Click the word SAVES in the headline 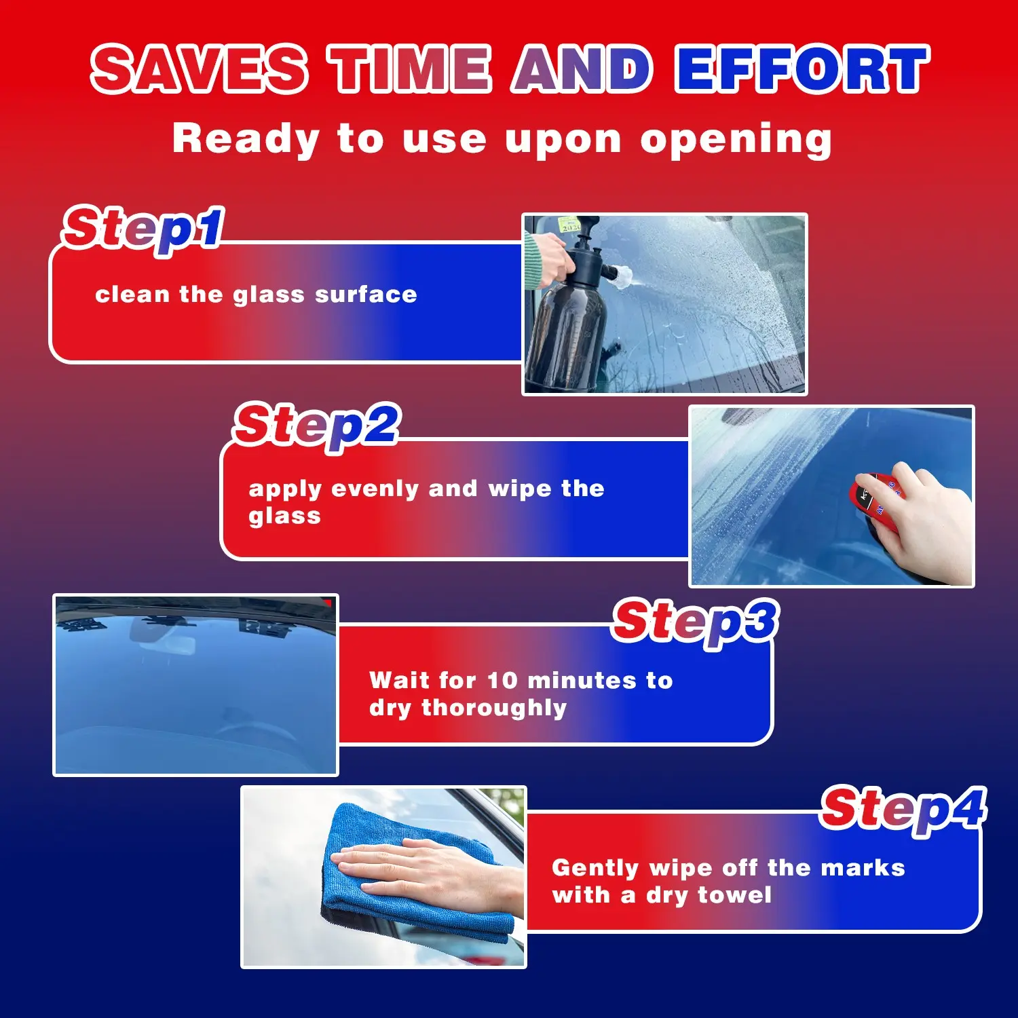(200, 69)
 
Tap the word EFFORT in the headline (803, 69)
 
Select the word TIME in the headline (410, 69)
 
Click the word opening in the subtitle (736, 140)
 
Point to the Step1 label (143, 229)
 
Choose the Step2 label (317, 426)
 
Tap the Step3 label (696, 622)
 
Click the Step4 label (903, 809)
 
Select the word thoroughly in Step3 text (494, 708)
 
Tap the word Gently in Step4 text (595, 869)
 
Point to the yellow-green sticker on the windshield (568, 224)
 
